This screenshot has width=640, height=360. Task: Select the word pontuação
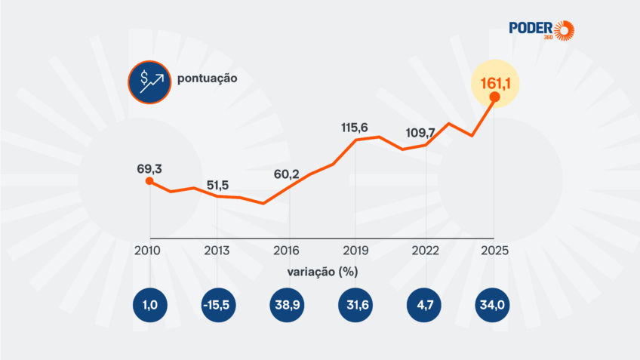click(208, 78)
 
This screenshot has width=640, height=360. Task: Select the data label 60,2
click(286, 174)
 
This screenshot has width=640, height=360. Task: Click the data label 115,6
click(355, 128)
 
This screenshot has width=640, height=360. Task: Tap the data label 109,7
click(423, 132)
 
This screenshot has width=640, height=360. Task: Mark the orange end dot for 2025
click(494, 97)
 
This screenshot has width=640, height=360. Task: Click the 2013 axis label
click(217, 251)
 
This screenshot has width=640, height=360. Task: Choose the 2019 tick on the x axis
click(355, 251)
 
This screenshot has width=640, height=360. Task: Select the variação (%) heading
click(322, 271)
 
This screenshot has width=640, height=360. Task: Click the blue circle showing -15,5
click(217, 305)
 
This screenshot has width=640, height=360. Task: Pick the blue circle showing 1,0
click(149, 305)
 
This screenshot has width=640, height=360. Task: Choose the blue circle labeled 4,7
click(425, 305)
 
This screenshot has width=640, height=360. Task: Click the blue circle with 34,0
click(494, 305)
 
